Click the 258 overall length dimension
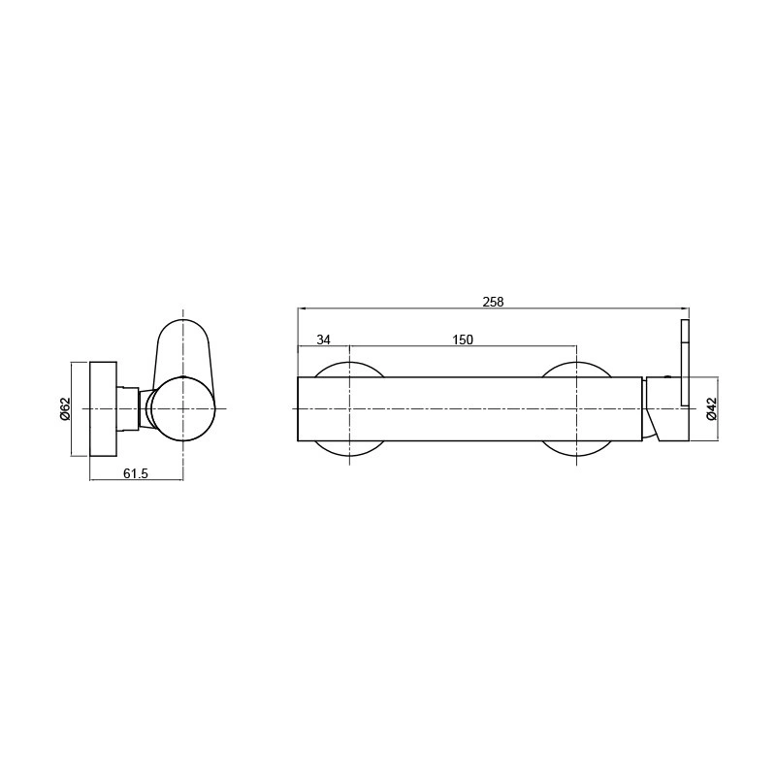[493, 302]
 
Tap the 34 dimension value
[323, 339]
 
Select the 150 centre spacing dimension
[463, 339]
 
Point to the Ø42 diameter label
[711, 408]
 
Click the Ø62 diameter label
[65, 408]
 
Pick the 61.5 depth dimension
[136, 473]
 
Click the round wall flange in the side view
[104, 408]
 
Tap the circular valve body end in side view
[183, 408]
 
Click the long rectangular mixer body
[469, 408]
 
